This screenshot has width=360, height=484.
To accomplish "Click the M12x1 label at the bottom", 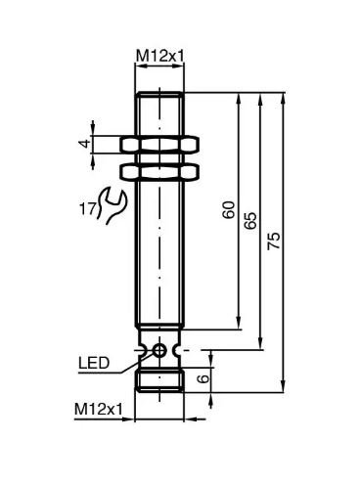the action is click(99, 409).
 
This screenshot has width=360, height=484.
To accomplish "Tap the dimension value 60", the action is click(229, 209).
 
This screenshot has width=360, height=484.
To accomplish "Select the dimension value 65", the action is click(250, 221).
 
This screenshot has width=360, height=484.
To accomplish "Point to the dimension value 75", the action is click(274, 241).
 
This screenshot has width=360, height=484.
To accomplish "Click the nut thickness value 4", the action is click(85, 143).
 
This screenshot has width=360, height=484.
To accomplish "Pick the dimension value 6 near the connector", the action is click(203, 378).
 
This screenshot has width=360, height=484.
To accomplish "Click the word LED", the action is click(94, 363).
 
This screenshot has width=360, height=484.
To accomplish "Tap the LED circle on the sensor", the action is click(159, 350).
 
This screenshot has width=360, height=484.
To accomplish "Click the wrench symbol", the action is click(112, 206).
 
